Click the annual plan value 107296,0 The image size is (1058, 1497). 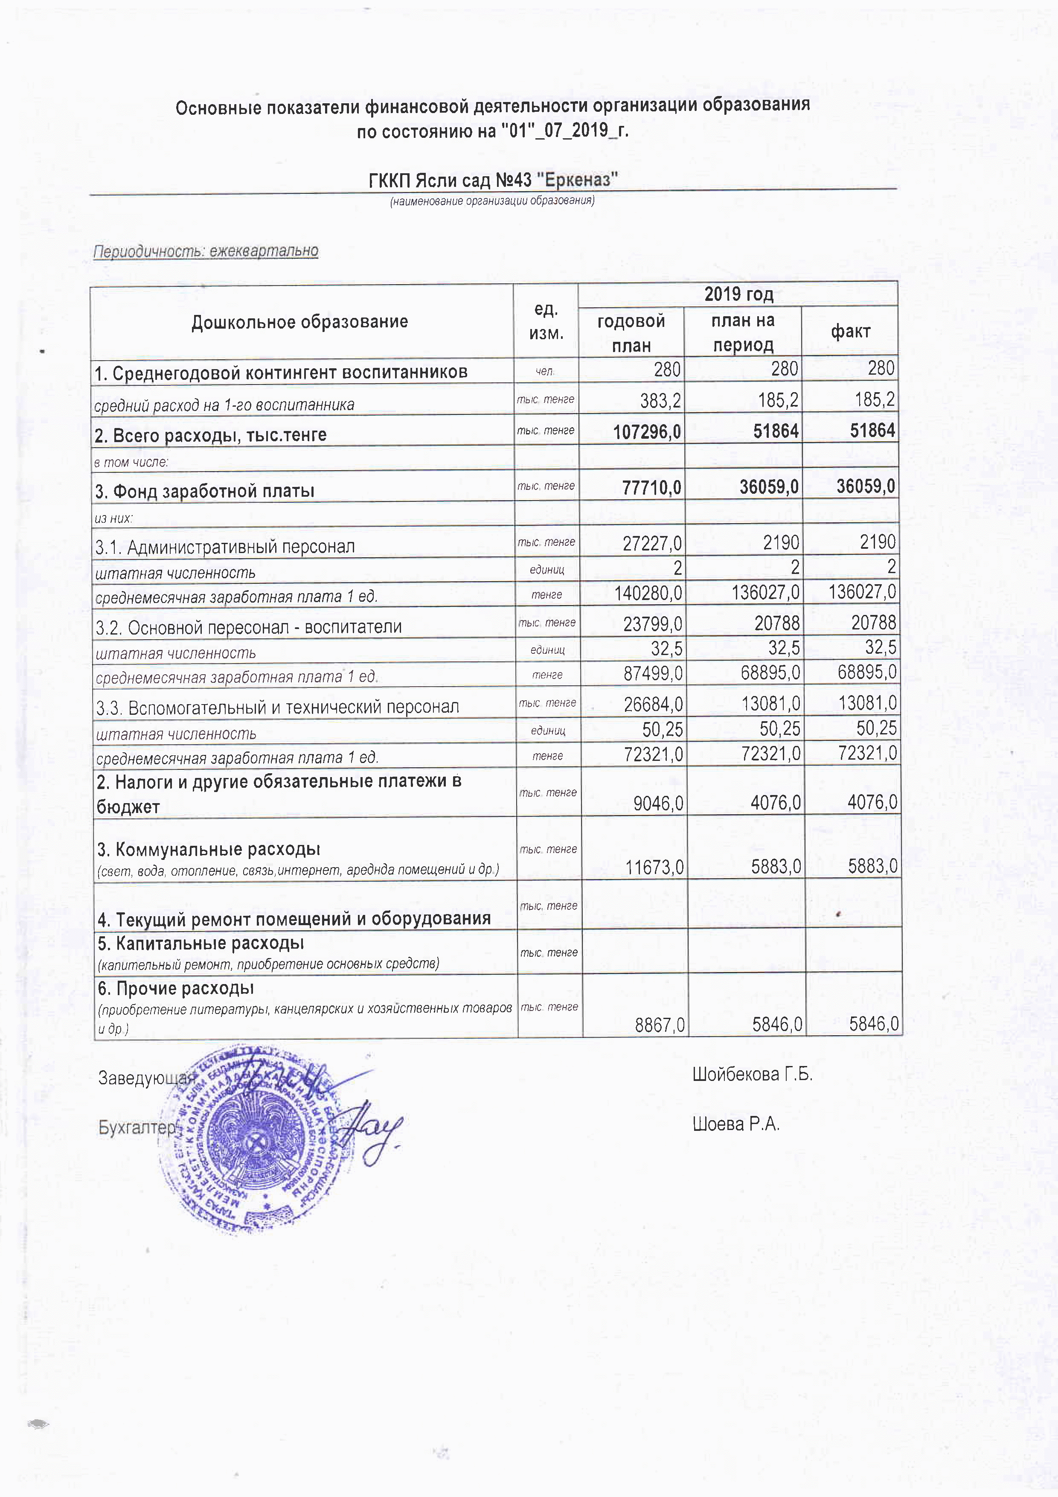(647, 431)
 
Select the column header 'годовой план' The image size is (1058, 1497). (631, 332)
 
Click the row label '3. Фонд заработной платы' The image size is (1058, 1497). (205, 491)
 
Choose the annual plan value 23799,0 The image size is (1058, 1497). (653, 624)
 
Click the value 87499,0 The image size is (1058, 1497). (653, 673)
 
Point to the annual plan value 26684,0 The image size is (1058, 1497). (653, 704)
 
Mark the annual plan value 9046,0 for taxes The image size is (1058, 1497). (658, 803)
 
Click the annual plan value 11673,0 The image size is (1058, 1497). (654, 867)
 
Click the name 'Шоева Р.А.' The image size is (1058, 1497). (735, 1124)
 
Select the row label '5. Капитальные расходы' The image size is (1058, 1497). (201, 944)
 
